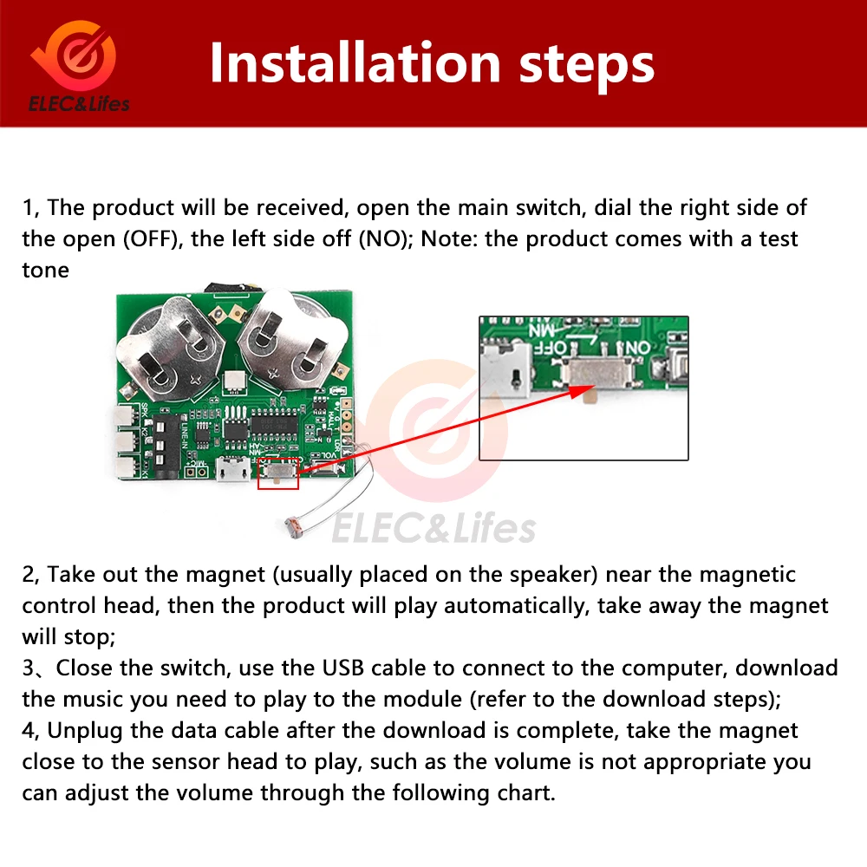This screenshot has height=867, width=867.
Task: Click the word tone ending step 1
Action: tap(45, 270)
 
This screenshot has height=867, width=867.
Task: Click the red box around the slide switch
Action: tap(278, 473)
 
